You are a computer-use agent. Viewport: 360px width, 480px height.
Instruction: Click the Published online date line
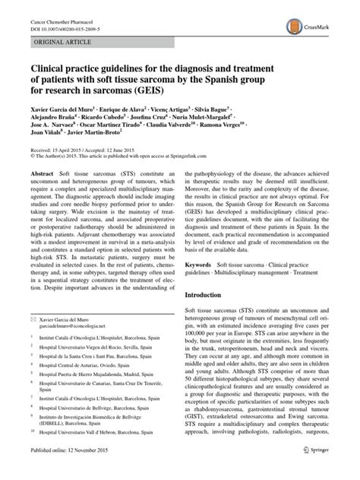click(68, 471)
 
